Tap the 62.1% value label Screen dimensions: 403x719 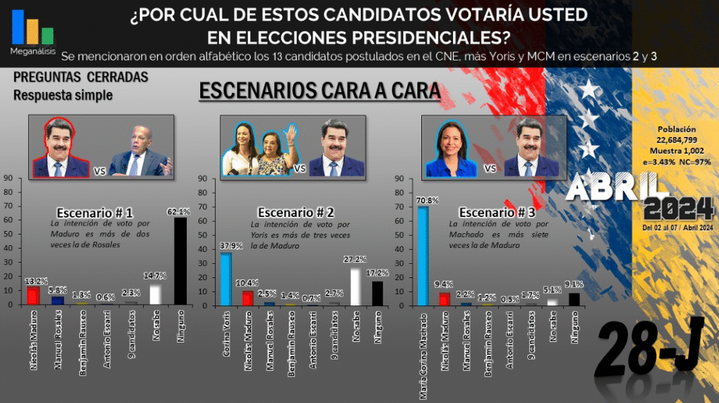coord(180,211)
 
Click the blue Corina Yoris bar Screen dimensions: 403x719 coord(226,279)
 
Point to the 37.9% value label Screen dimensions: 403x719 coord(226,246)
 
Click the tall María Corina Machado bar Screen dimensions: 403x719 coord(422,256)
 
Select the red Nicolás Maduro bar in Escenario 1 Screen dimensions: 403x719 coord(33,296)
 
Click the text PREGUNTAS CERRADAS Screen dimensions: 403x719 coord(81,78)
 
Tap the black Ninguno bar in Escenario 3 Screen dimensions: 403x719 coord(575,299)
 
